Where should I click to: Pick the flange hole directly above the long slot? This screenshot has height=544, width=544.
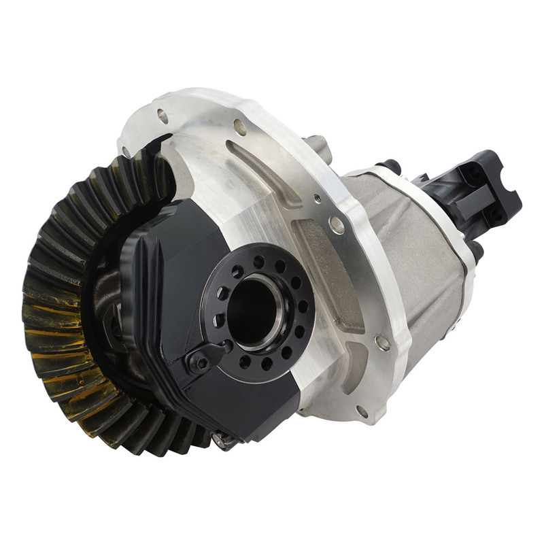point(239,126)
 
